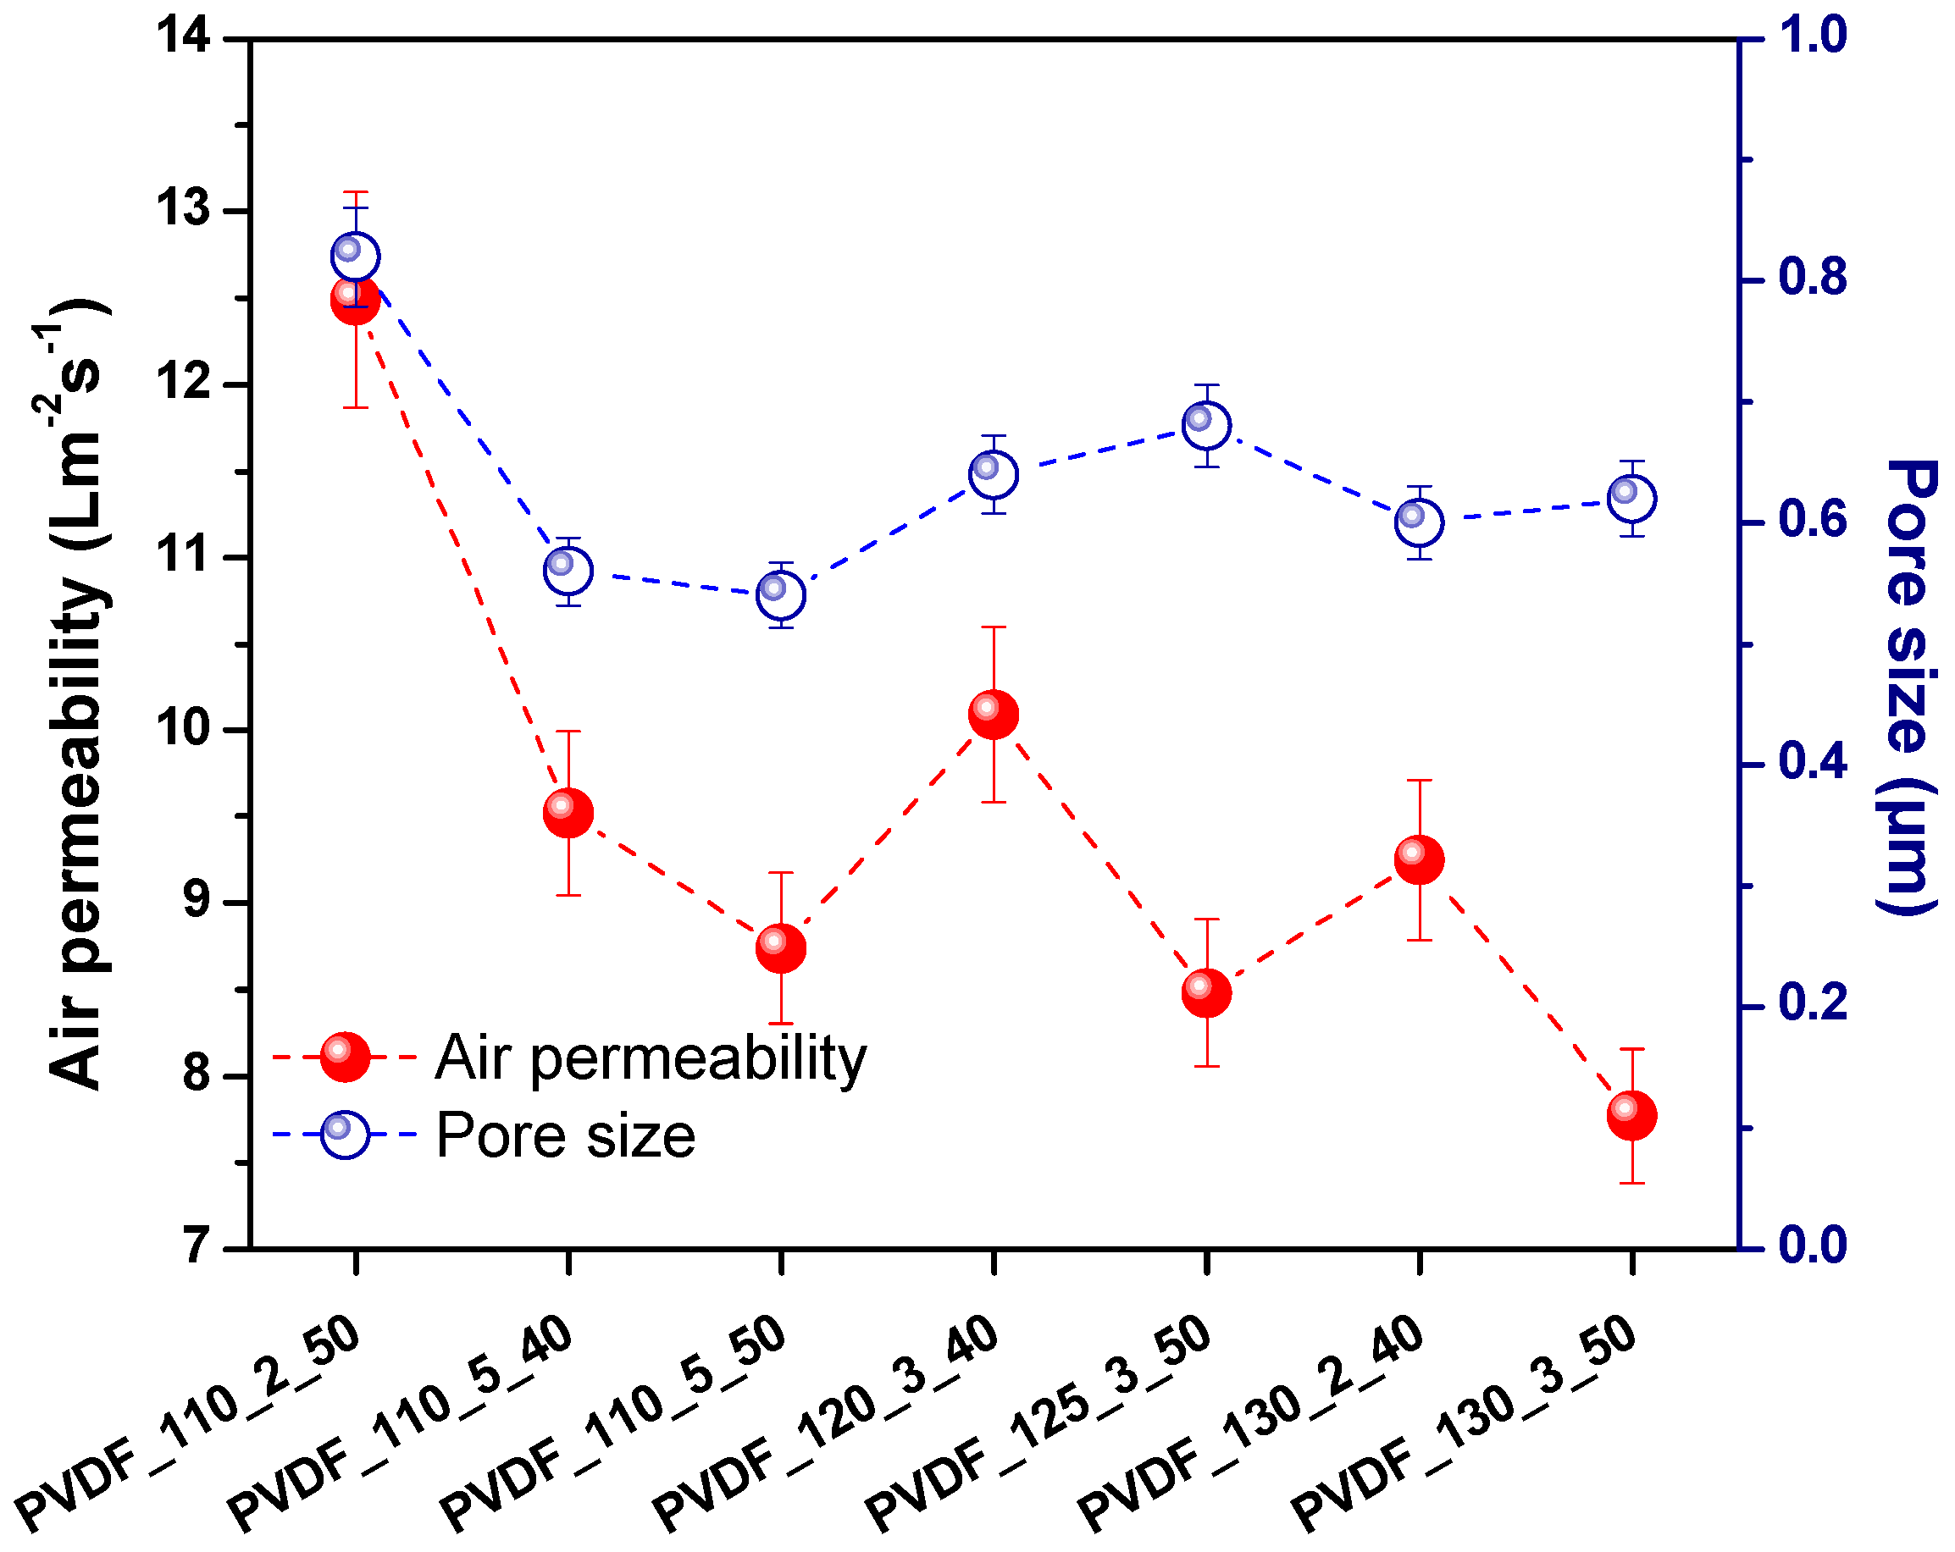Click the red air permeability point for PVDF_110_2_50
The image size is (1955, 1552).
pos(356,300)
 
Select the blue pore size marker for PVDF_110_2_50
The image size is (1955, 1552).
pos(356,257)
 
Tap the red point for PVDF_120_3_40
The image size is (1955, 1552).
pos(994,715)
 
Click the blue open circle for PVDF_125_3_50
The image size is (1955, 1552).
pos(1207,425)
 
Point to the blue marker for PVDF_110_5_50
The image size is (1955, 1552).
pos(782,595)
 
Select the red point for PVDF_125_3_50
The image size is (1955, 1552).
pos(1207,992)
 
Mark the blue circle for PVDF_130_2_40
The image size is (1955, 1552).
pos(1420,522)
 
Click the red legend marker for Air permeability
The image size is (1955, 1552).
pos(346,1057)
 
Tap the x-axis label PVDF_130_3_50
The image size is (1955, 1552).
pos(1464,1423)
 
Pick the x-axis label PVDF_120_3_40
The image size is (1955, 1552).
pos(825,1423)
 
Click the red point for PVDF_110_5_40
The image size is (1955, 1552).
pos(568,813)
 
